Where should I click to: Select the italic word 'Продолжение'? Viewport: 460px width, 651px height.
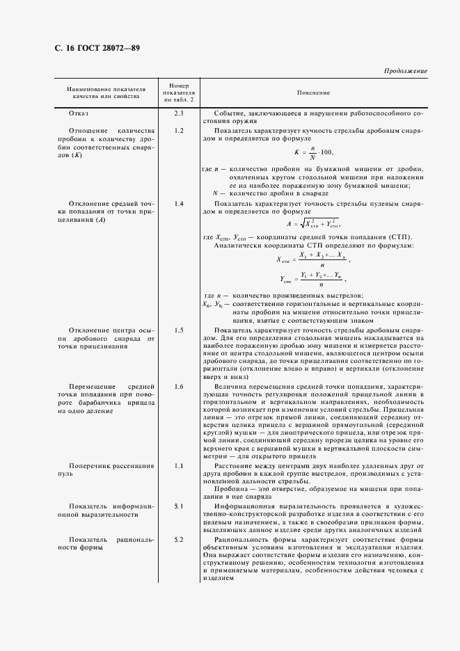(x=405, y=71)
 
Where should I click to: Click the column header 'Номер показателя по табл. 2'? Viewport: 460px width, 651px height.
(x=179, y=92)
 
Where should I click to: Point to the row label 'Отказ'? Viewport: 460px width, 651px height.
(x=79, y=113)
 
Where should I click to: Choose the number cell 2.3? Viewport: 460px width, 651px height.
(x=179, y=113)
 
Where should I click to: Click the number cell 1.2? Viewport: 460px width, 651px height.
(x=179, y=131)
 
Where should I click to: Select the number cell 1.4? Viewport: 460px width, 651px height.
(x=179, y=204)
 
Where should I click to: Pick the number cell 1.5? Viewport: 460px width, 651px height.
(x=179, y=330)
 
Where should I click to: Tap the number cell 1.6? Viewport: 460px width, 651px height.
(x=179, y=386)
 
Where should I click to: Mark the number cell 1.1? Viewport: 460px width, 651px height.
(x=179, y=465)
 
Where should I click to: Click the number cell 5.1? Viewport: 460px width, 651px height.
(x=179, y=506)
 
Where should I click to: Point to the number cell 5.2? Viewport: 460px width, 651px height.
(x=179, y=540)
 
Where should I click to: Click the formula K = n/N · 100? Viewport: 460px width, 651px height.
(x=315, y=152)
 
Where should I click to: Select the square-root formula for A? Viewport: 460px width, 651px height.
(x=313, y=224)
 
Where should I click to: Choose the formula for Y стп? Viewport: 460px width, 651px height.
(x=312, y=279)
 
